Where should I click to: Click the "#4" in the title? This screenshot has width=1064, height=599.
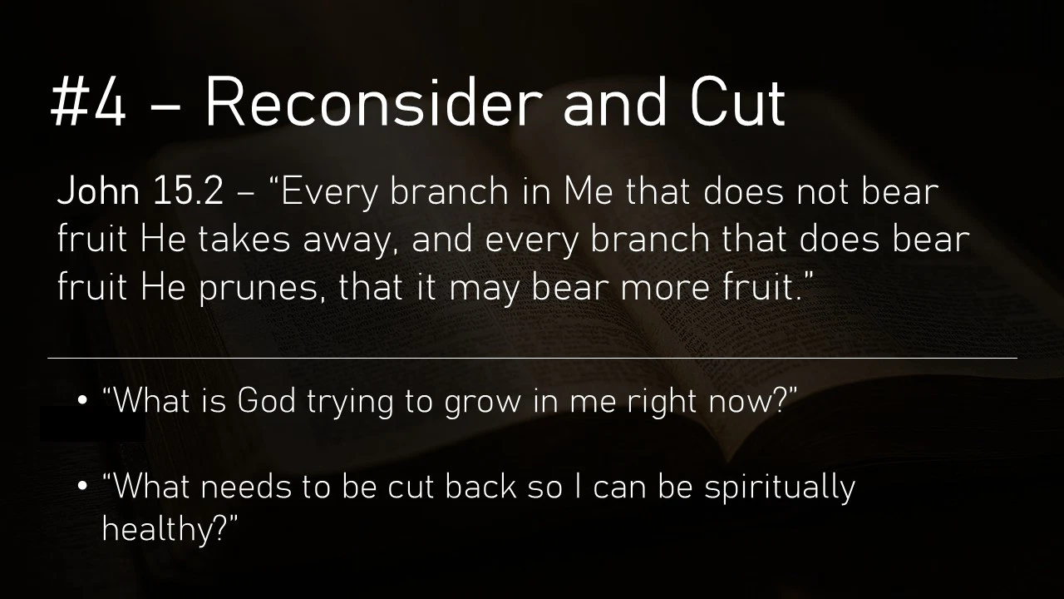pyautogui.click(x=88, y=102)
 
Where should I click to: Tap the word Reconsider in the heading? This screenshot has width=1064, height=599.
pyautogui.click(x=373, y=101)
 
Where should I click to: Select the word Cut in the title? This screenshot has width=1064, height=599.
pyautogui.click(x=737, y=102)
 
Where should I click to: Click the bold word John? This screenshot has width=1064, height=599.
pyautogui.click(x=98, y=191)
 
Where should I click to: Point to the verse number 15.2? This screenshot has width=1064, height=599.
pyautogui.click(x=189, y=191)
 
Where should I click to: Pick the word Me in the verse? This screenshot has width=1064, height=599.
pyautogui.click(x=589, y=191)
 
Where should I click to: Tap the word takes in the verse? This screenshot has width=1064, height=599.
pyautogui.click(x=244, y=239)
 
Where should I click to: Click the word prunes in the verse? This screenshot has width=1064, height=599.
pyautogui.click(x=258, y=289)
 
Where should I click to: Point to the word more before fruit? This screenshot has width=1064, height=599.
pyautogui.click(x=665, y=289)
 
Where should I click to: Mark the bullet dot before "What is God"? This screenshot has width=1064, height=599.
pyautogui.click(x=82, y=401)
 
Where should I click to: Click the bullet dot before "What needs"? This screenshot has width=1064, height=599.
pyautogui.click(x=82, y=487)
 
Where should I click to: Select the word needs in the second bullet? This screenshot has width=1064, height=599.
pyautogui.click(x=246, y=488)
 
